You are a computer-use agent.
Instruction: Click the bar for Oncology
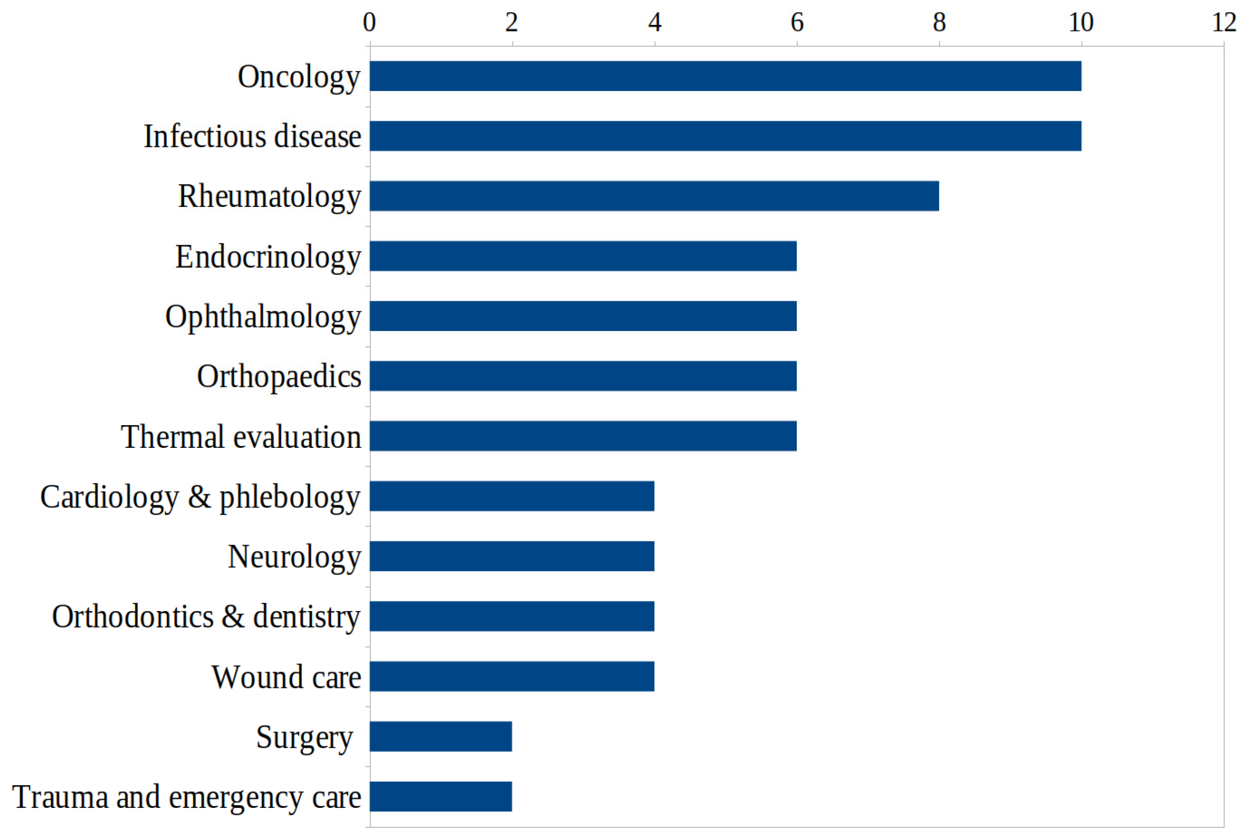pyautogui.click(x=725, y=76)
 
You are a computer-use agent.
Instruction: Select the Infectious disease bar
pyautogui.click(x=725, y=135)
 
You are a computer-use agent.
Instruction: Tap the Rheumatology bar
pyautogui.click(x=654, y=196)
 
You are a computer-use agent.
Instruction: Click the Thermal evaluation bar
pyautogui.click(x=583, y=436)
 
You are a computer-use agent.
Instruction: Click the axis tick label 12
pyautogui.click(x=1224, y=23)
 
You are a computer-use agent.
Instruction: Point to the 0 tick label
pyautogui.click(x=369, y=23)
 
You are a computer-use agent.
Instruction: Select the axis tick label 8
pyautogui.click(x=939, y=23)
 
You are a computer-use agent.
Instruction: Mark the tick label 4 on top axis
pyautogui.click(x=654, y=23)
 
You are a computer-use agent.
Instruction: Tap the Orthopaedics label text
pyautogui.click(x=279, y=377)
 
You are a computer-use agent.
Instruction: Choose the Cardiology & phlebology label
pyautogui.click(x=200, y=497)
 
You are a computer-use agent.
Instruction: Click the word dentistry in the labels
pyautogui.click(x=306, y=617)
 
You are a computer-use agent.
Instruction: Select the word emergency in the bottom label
pyautogui.click(x=236, y=798)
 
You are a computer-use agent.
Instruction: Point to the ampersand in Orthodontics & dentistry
pyautogui.click(x=233, y=616)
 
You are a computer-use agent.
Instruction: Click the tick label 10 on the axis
pyautogui.click(x=1081, y=23)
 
